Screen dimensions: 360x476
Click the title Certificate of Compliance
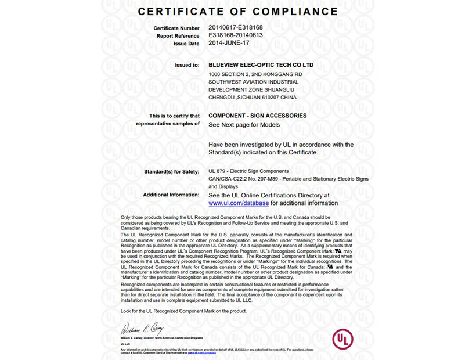[x=238, y=11]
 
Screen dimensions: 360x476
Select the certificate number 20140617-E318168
[x=235, y=28]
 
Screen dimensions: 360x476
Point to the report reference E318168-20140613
[x=235, y=35]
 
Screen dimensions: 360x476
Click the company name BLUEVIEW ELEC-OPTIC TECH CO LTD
[x=261, y=65]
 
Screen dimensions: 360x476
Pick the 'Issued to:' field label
[x=187, y=66]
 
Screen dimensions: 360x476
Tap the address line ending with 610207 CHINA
[x=253, y=98]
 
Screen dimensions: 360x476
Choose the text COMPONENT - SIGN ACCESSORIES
[x=257, y=116]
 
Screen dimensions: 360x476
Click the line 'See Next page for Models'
[x=244, y=125]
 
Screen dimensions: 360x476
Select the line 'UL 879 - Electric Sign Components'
[x=248, y=171]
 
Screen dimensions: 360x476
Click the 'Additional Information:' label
[x=171, y=195]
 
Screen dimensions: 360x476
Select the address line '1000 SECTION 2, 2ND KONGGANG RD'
[x=255, y=74]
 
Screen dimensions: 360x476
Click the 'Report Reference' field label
[x=178, y=36]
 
